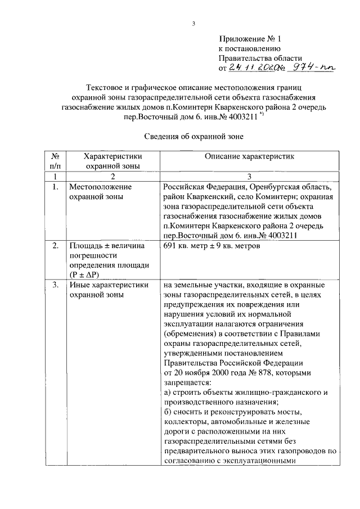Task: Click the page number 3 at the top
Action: pyautogui.click(x=193, y=23)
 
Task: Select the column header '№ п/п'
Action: pyautogui.click(x=55, y=161)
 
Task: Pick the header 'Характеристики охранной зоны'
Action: pyautogui.click(x=112, y=161)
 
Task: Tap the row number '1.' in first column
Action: pyautogui.click(x=55, y=187)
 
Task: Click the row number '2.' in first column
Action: pyautogui.click(x=55, y=246)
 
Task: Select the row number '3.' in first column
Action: pyautogui.click(x=55, y=285)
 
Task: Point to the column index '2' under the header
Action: pyautogui.click(x=112, y=176)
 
